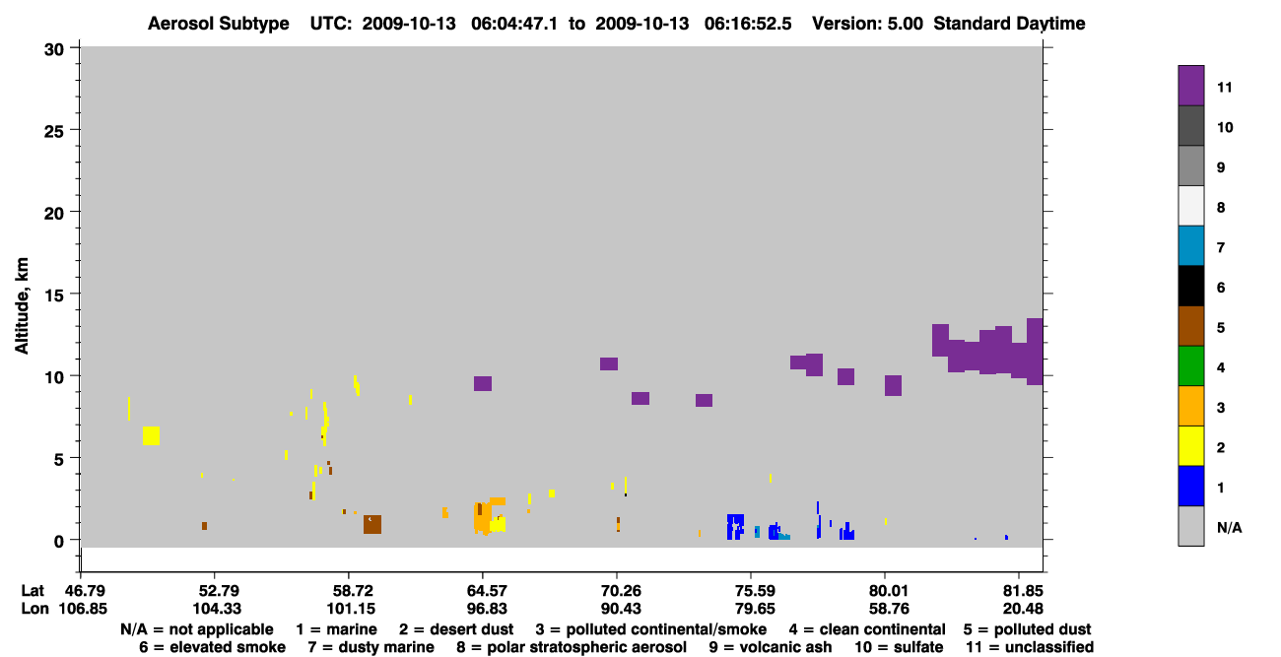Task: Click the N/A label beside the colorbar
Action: [x=1229, y=527]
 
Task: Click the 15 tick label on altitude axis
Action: [x=54, y=296]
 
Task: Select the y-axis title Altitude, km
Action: [x=21, y=306]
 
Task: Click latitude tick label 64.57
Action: [x=487, y=590]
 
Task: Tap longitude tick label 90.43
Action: [x=621, y=609]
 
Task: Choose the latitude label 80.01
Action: [x=889, y=590]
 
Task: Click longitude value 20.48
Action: [x=1023, y=609]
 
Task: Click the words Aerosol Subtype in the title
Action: [x=219, y=24]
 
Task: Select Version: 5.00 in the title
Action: [x=867, y=24]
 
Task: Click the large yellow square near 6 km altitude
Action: [x=151, y=435]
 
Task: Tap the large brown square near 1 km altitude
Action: [x=372, y=524]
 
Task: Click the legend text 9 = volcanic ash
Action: [x=771, y=647]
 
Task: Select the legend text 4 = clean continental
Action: [x=867, y=629]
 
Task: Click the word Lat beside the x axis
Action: [x=33, y=590]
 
